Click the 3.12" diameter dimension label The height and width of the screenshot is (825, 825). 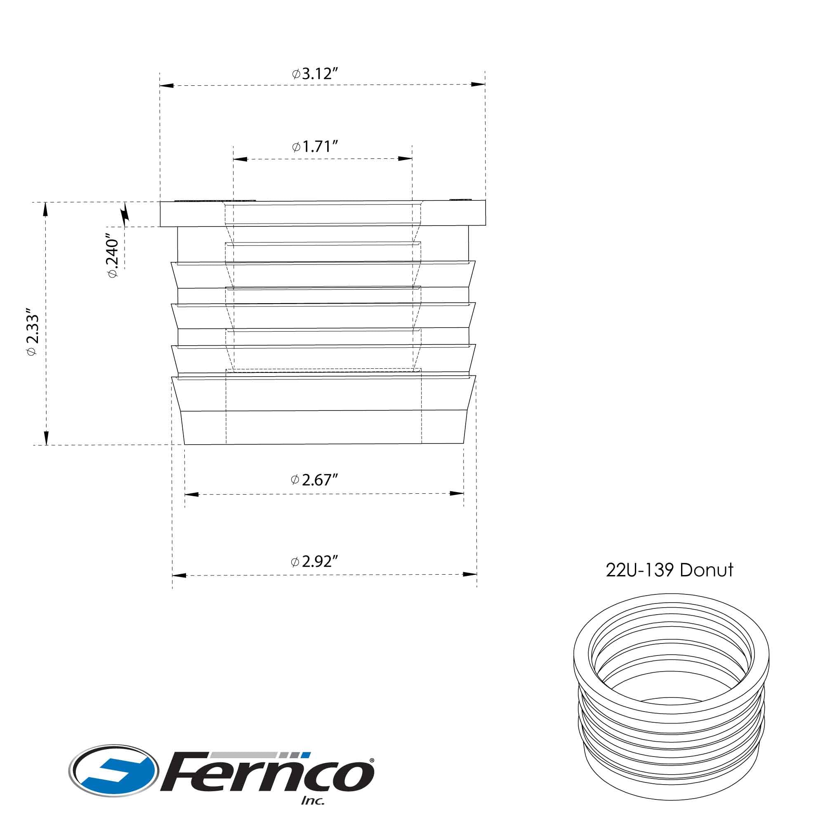click(x=315, y=74)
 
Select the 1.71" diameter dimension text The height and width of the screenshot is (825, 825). click(x=315, y=147)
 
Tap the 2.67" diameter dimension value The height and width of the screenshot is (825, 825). click(x=315, y=480)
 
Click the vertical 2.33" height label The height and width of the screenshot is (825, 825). click(x=33, y=331)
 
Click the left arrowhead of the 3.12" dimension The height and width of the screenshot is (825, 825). click(x=167, y=86)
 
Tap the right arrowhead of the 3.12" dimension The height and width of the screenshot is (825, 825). click(x=478, y=84)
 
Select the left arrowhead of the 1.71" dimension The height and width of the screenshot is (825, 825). click(x=240, y=159)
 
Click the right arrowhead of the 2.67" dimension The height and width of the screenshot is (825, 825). click(x=457, y=493)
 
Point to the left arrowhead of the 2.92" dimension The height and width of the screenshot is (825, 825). click(x=179, y=575)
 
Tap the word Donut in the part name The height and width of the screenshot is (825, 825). click(x=707, y=570)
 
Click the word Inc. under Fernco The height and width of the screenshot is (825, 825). click(x=313, y=800)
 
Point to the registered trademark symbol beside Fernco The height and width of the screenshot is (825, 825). click(x=372, y=760)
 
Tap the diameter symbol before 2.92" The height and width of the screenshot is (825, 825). click(x=295, y=561)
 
